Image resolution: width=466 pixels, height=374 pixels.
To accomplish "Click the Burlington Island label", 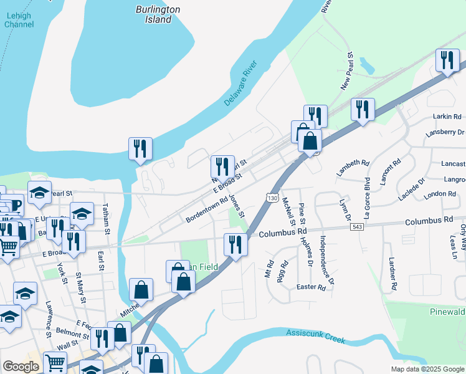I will click(158, 14).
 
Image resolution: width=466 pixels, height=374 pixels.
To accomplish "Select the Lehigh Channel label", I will click(19, 19).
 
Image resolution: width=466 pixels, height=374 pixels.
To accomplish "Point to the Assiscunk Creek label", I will click(315, 337).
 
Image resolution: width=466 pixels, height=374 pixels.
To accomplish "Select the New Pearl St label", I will click(346, 75).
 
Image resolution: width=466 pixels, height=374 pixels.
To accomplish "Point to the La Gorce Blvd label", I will click(367, 193).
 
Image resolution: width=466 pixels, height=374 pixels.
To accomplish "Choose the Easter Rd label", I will click(311, 287).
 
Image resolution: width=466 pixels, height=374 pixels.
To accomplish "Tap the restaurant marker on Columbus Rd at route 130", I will click(235, 244).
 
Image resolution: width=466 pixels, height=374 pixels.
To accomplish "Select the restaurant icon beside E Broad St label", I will click(222, 167).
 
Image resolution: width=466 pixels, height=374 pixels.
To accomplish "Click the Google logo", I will click(21, 367).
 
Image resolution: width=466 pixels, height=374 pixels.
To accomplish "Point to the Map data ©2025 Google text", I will click(427, 369).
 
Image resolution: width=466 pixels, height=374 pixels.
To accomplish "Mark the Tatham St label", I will click(107, 219).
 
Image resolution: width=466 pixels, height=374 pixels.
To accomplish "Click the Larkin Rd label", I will click(448, 117).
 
